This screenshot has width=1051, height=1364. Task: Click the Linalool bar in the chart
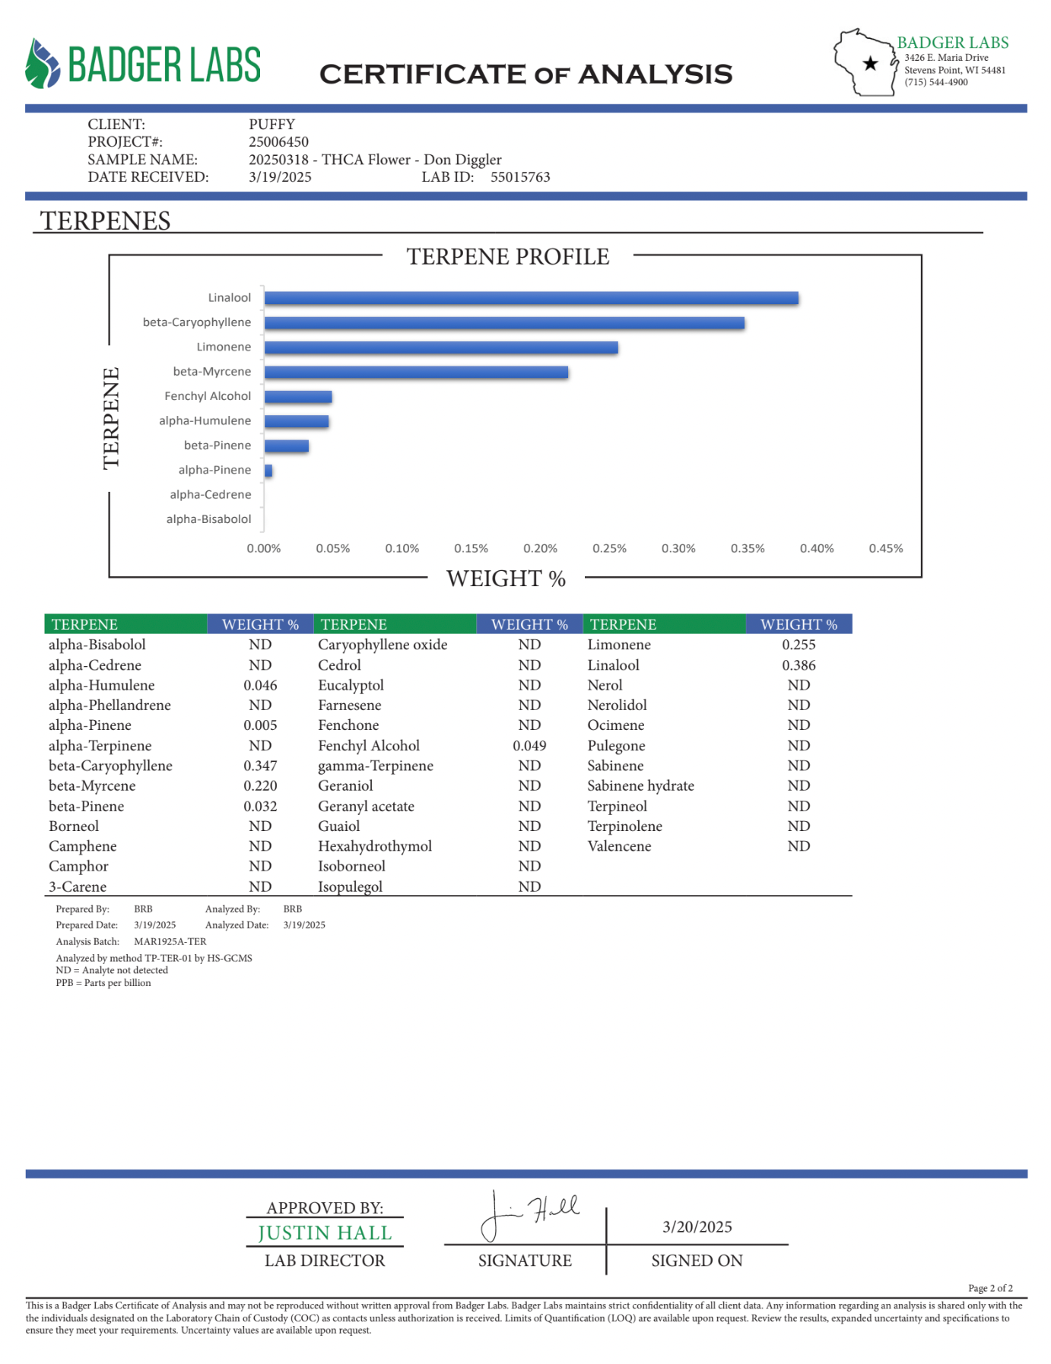click(531, 298)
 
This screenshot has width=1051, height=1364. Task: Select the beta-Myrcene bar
click(416, 372)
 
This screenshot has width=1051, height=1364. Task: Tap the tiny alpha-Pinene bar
click(268, 471)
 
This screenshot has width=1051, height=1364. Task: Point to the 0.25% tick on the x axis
click(609, 548)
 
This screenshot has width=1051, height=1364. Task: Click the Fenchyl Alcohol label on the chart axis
click(208, 396)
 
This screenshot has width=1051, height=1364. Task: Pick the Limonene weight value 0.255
click(799, 645)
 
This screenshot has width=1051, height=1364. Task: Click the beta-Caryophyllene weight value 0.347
click(260, 766)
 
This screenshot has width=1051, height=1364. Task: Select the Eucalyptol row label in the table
click(351, 685)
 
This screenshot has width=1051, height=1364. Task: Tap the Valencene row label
click(619, 846)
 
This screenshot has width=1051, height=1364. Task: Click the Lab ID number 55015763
click(520, 177)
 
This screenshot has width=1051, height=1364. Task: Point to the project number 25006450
click(278, 142)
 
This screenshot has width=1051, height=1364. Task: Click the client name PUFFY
click(271, 125)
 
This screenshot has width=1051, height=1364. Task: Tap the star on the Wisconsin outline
click(871, 64)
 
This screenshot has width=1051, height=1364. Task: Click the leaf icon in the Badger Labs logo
click(43, 63)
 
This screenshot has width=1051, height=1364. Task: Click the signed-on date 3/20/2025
click(697, 1226)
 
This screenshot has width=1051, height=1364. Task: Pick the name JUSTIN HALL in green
click(325, 1232)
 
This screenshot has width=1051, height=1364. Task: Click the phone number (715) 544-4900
click(935, 82)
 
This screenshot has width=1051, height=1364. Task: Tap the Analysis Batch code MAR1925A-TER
click(170, 941)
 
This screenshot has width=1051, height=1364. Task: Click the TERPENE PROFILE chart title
click(507, 257)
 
